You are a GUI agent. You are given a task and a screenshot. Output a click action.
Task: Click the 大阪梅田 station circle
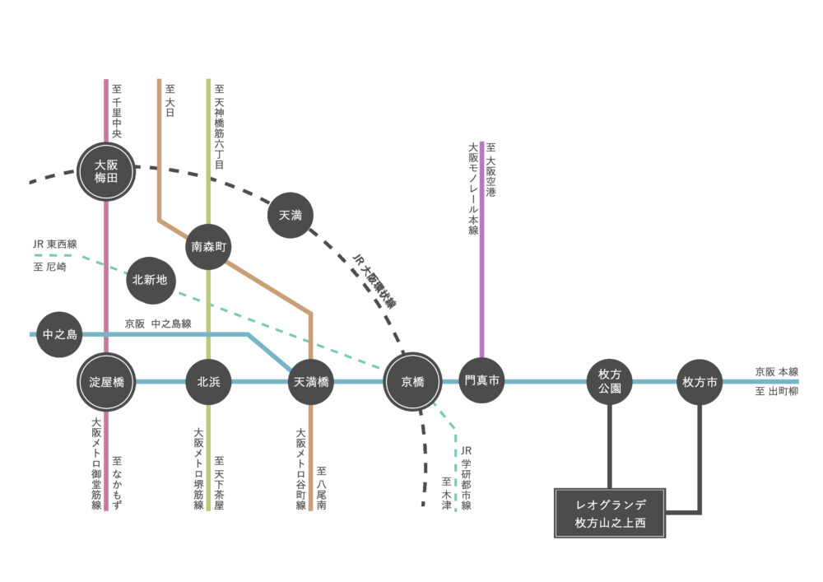click(x=106, y=171)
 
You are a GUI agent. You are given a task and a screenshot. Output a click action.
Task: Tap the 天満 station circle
click(x=291, y=216)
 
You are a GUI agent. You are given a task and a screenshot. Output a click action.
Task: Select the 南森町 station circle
click(x=208, y=245)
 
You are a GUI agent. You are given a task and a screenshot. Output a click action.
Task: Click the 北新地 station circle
click(x=150, y=280)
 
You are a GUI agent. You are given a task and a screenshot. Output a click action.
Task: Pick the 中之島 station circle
click(x=59, y=334)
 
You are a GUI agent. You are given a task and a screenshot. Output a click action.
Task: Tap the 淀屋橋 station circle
click(x=106, y=382)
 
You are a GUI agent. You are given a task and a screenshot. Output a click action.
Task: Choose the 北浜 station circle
click(x=208, y=382)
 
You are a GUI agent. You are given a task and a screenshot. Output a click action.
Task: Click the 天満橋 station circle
click(x=311, y=382)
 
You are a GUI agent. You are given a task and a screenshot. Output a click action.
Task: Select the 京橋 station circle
click(x=412, y=382)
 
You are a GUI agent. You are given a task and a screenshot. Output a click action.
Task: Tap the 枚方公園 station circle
click(x=610, y=382)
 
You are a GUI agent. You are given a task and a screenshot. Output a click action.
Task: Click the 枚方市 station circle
click(x=700, y=382)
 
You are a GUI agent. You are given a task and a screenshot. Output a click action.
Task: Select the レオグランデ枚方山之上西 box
click(x=610, y=513)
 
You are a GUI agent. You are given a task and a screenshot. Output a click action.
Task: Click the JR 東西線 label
click(x=54, y=244)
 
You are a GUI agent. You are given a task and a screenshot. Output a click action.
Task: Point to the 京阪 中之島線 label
click(x=158, y=324)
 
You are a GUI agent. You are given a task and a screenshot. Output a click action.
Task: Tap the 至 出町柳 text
click(x=776, y=393)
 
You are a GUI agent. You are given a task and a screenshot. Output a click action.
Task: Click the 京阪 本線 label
click(x=776, y=372)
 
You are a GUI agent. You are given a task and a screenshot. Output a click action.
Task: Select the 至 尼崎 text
click(x=50, y=267)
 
